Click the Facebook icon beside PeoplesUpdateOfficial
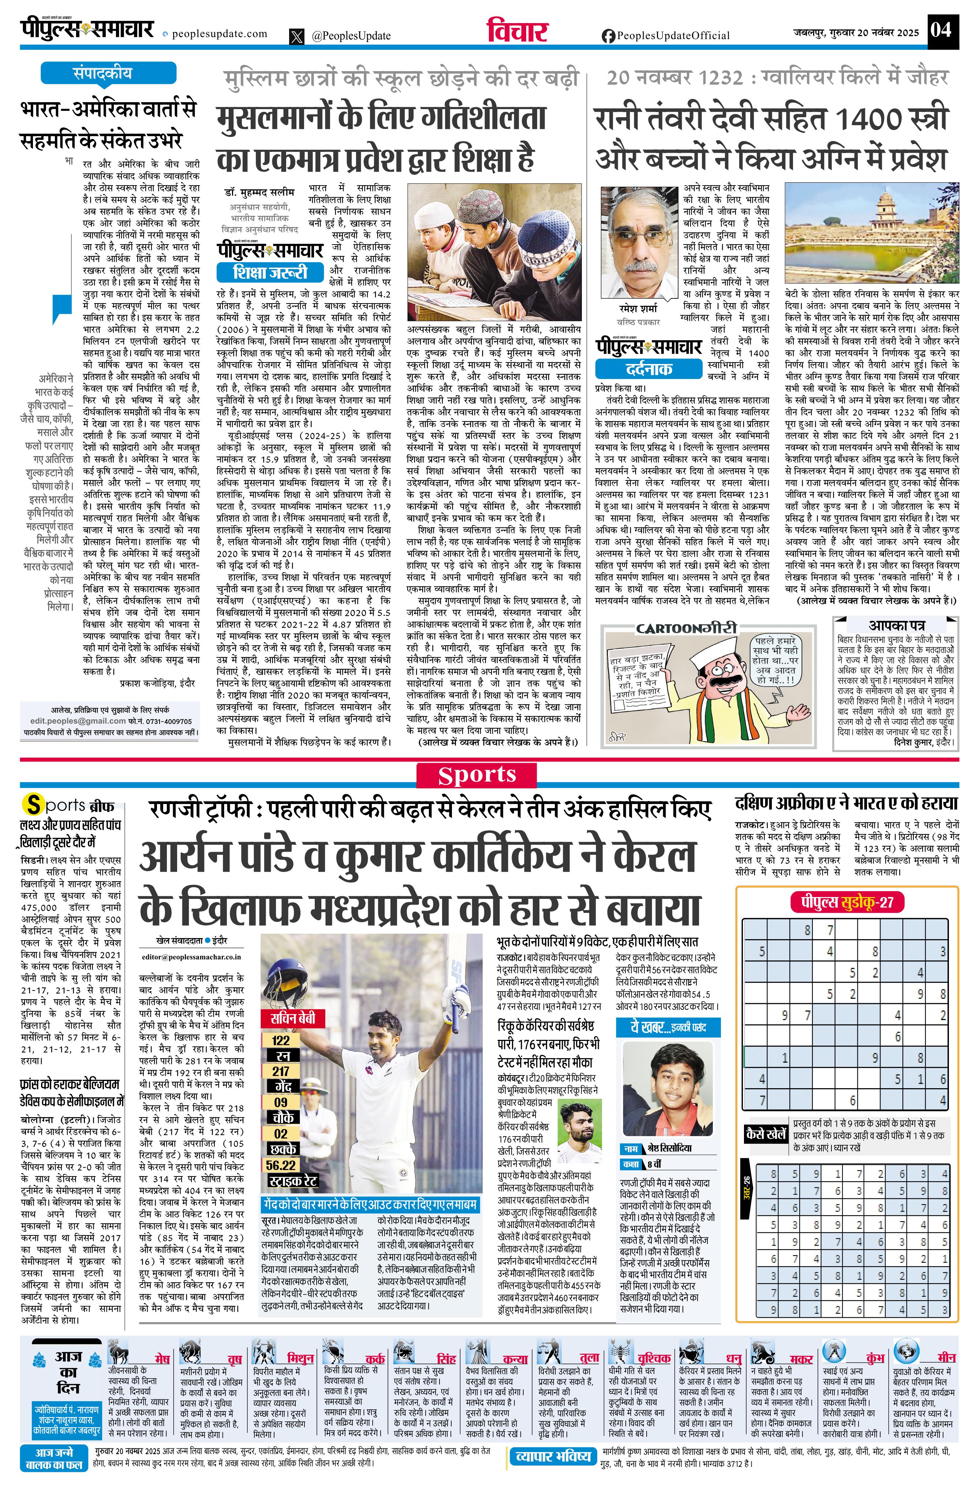pyautogui.click(x=608, y=36)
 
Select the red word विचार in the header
pyautogui.click(x=517, y=30)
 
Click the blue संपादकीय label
pyautogui.click(x=102, y=73)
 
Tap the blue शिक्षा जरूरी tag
pyautogui.click(x=271, y=272)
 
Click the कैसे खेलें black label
pyautogui.click(x=765, y=1134)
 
